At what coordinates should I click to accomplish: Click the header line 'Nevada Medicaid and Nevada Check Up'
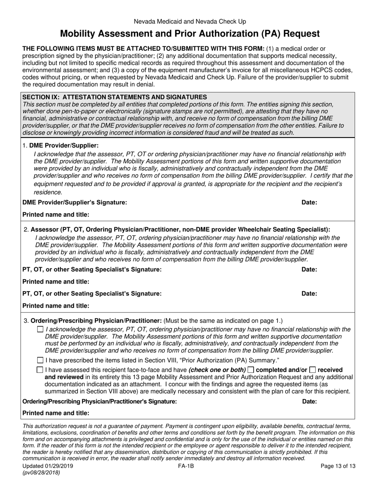point(190,22)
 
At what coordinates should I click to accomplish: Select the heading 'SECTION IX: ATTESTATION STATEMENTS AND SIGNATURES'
point(115,97)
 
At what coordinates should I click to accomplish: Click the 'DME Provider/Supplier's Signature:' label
point(75,202)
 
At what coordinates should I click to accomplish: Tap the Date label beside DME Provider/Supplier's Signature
point(309,202)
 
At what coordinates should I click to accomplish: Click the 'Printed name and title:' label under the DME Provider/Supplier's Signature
point(56,215)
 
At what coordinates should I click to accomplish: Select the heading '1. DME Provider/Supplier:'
point(60,146)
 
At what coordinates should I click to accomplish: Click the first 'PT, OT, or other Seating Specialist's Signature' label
point(92,270)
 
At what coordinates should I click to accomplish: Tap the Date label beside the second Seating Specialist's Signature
point(309,294)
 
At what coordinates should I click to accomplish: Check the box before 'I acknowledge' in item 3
point(40,330)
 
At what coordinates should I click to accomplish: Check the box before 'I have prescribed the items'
point(40,360)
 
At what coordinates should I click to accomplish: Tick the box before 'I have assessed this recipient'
point(40,370)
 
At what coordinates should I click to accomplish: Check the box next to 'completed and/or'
point(251,370)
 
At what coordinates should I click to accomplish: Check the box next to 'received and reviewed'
point(313,370)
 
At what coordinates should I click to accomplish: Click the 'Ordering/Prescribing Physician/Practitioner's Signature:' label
point(99,401)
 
